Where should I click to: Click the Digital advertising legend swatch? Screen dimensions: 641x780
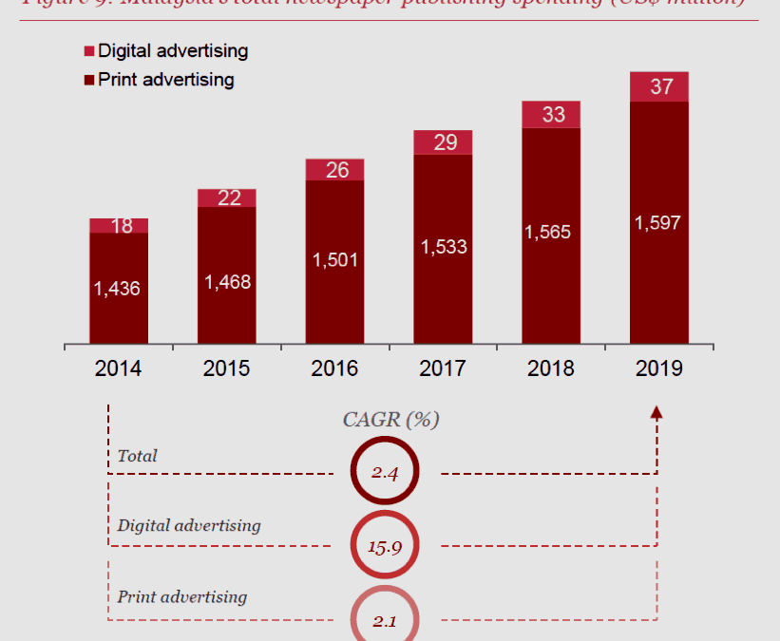pyautogui.click(x=89, y=51)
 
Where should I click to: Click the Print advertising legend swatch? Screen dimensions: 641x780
pyautogui.click(x=89, y=80)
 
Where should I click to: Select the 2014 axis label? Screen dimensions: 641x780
pyautogui.click(x=118, y=368)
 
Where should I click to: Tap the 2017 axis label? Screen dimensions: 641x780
pyautogui.click(x=443, y=368)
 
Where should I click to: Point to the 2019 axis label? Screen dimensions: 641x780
pyautogui.click(x=659, y=368)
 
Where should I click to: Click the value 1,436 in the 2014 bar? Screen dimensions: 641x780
pyautogui.click(x=118, y=289)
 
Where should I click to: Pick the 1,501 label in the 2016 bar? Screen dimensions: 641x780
pyautogui.click(x=334, y=259)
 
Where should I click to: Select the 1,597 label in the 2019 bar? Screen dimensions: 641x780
pyautogui.click(x=659, y=223)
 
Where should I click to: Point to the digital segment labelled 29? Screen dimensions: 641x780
pyautogui.click(x=444, y=142)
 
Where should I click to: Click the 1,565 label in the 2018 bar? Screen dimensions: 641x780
pyautogui.click(x=551, y=233)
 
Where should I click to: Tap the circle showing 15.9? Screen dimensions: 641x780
pyautogui.click(x=384, y=545)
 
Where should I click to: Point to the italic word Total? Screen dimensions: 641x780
pyautogui.click(x=137, y=456)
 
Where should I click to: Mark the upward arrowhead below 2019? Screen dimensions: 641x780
pyautogui.click(x=656, y=411)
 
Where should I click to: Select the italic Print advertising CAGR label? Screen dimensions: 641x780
pyautogui.click(x=181, y=596)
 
